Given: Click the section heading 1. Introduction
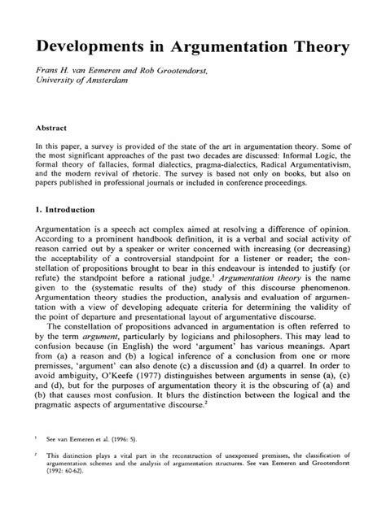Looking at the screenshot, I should pyautogui.click(x=70, y=208).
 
